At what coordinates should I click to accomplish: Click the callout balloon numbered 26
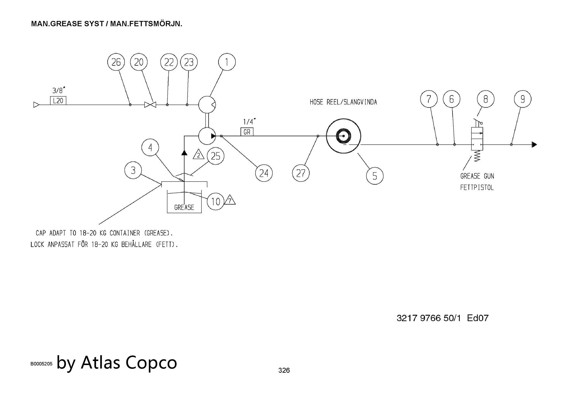[116, 62]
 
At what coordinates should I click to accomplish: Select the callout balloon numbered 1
[227, 62]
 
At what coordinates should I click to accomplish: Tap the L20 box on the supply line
[58, 101]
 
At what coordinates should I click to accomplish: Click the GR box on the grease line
[247, 132]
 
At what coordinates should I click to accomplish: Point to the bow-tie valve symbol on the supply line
[150, 105]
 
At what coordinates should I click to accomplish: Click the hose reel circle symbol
[343, 136]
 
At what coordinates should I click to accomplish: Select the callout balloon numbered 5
[375, 176]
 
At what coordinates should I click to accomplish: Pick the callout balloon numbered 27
[301, 173]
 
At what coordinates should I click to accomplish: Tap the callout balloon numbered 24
[264, 173]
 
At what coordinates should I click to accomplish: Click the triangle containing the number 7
[230, 200]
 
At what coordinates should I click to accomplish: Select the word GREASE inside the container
[184, 207]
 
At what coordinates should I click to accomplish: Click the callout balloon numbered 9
[523, 99]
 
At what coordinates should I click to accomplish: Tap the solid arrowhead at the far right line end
[534, 145]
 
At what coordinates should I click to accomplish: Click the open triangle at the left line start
[36, 105]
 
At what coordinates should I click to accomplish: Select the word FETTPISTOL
[477, 188]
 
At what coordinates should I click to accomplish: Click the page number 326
[284, 371]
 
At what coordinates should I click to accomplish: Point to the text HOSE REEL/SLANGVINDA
[343, 102]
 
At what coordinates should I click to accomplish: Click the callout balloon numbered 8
[486, 99]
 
